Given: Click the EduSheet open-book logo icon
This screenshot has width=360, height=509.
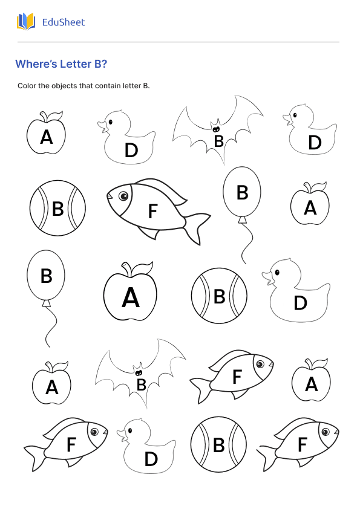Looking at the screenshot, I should point(26,22).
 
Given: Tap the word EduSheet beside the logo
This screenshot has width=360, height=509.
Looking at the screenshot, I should point(64,22).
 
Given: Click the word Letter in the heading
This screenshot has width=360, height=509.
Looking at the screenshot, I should point(76,64).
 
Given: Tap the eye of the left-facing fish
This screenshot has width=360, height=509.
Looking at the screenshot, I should point(123,196).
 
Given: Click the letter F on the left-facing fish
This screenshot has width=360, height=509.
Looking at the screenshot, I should point(152,211).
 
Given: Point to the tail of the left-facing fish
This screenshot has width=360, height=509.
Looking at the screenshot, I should point(197,226).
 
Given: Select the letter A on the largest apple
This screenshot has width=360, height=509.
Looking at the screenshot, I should point(131,298).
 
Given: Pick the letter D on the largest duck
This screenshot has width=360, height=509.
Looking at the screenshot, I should point(300,303).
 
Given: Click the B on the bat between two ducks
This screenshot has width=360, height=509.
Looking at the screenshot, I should point(219,141).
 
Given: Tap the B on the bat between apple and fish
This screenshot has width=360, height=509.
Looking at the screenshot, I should point(141,384).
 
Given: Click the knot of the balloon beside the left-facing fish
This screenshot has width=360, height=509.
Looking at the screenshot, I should point(243,219).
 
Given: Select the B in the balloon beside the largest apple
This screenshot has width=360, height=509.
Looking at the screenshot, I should point(47,276).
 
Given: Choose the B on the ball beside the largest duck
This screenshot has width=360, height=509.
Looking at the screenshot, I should point(220,296).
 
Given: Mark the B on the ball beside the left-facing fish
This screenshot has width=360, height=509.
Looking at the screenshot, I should point(58,209).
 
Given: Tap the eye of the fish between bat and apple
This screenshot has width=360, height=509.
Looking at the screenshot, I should point(260,365).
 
